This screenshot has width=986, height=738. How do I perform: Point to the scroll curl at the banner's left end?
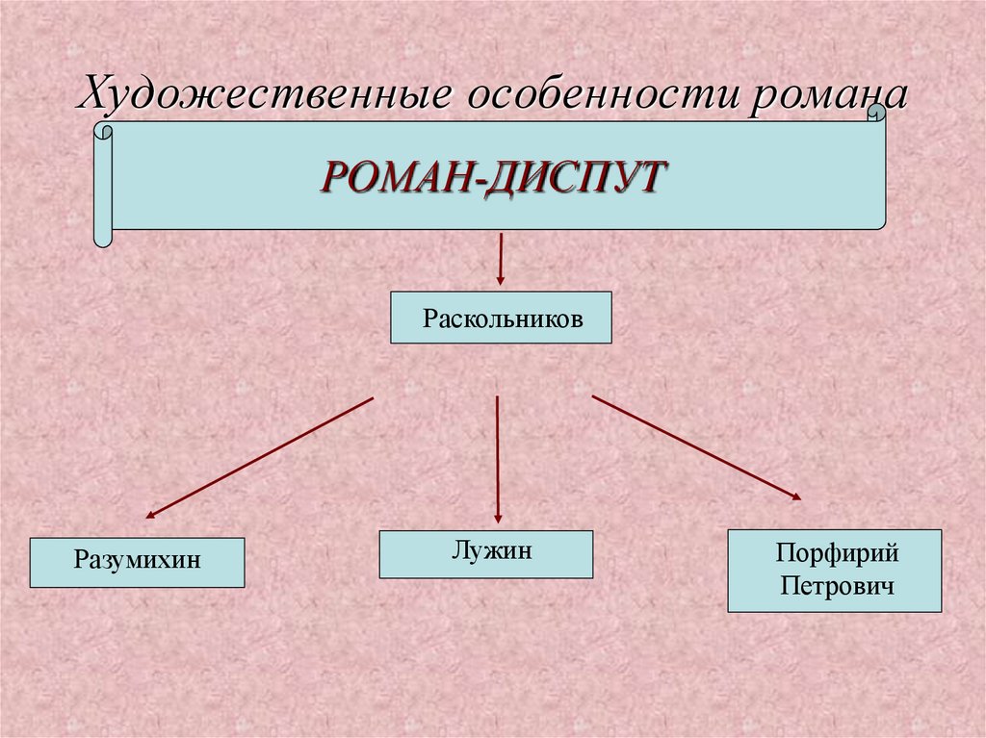103,183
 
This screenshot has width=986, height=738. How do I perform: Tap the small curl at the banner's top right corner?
876,114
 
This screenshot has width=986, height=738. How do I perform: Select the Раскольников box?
501,318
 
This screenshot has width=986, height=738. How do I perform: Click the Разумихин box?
138,562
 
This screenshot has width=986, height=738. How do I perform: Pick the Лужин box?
486,553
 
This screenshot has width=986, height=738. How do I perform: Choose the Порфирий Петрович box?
835,570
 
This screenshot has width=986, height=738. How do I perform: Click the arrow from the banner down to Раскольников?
501,258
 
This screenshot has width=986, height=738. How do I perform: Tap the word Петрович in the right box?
835,585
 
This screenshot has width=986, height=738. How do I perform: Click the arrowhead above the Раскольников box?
501,279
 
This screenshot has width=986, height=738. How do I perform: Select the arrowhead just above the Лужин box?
497,517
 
